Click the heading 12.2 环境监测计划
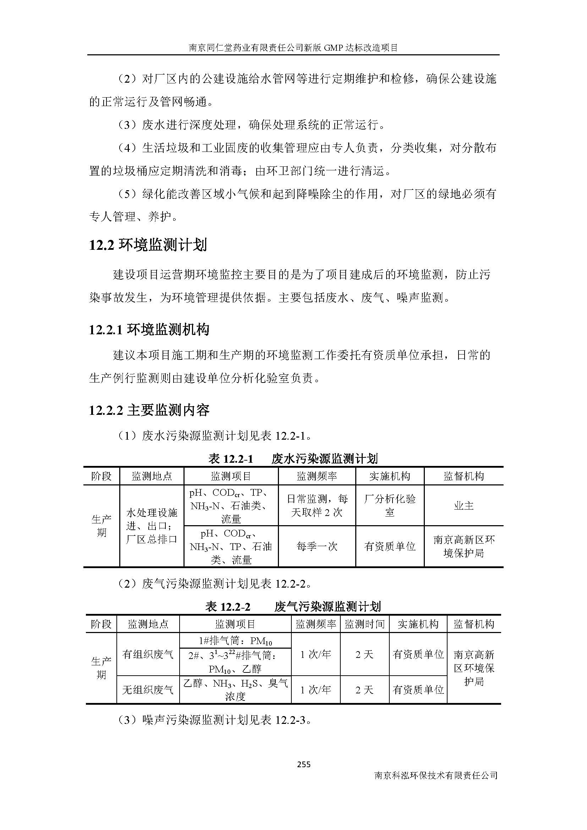point(148,245)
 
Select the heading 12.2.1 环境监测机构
point(149,330)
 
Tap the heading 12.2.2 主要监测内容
point(149,410)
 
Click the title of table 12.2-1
point(293,459)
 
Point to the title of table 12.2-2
point(293,606)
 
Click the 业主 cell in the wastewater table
point(464,505)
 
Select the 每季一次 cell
point(317,546)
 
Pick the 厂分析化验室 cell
point(390,505)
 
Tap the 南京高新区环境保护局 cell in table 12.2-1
point(464,546)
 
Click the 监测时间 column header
point(364,624)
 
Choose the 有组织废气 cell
point(148,654)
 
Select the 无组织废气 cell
point(148,690)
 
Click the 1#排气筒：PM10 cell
point(235,641)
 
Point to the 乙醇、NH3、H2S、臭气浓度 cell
point(235,690)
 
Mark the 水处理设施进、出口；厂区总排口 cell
point(152,526)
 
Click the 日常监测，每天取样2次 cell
point(317,505)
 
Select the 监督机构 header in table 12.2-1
point(464,476)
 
